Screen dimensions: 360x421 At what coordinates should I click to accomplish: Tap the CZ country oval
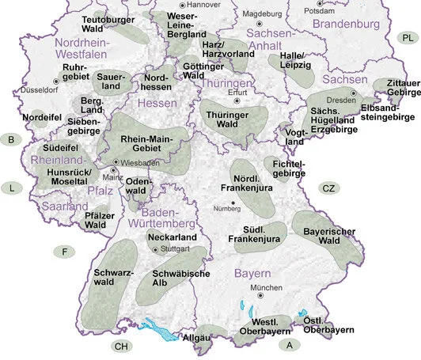[x=329, y=188]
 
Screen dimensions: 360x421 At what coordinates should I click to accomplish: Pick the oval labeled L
[x=11, y=188]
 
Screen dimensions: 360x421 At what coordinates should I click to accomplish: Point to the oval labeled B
[x=11, y=140]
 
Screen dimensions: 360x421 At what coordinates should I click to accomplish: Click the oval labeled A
[x=290, y=345]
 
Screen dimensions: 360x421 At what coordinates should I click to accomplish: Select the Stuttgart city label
[x=176, y=248]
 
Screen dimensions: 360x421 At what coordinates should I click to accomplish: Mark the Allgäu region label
[x=196, y=338]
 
